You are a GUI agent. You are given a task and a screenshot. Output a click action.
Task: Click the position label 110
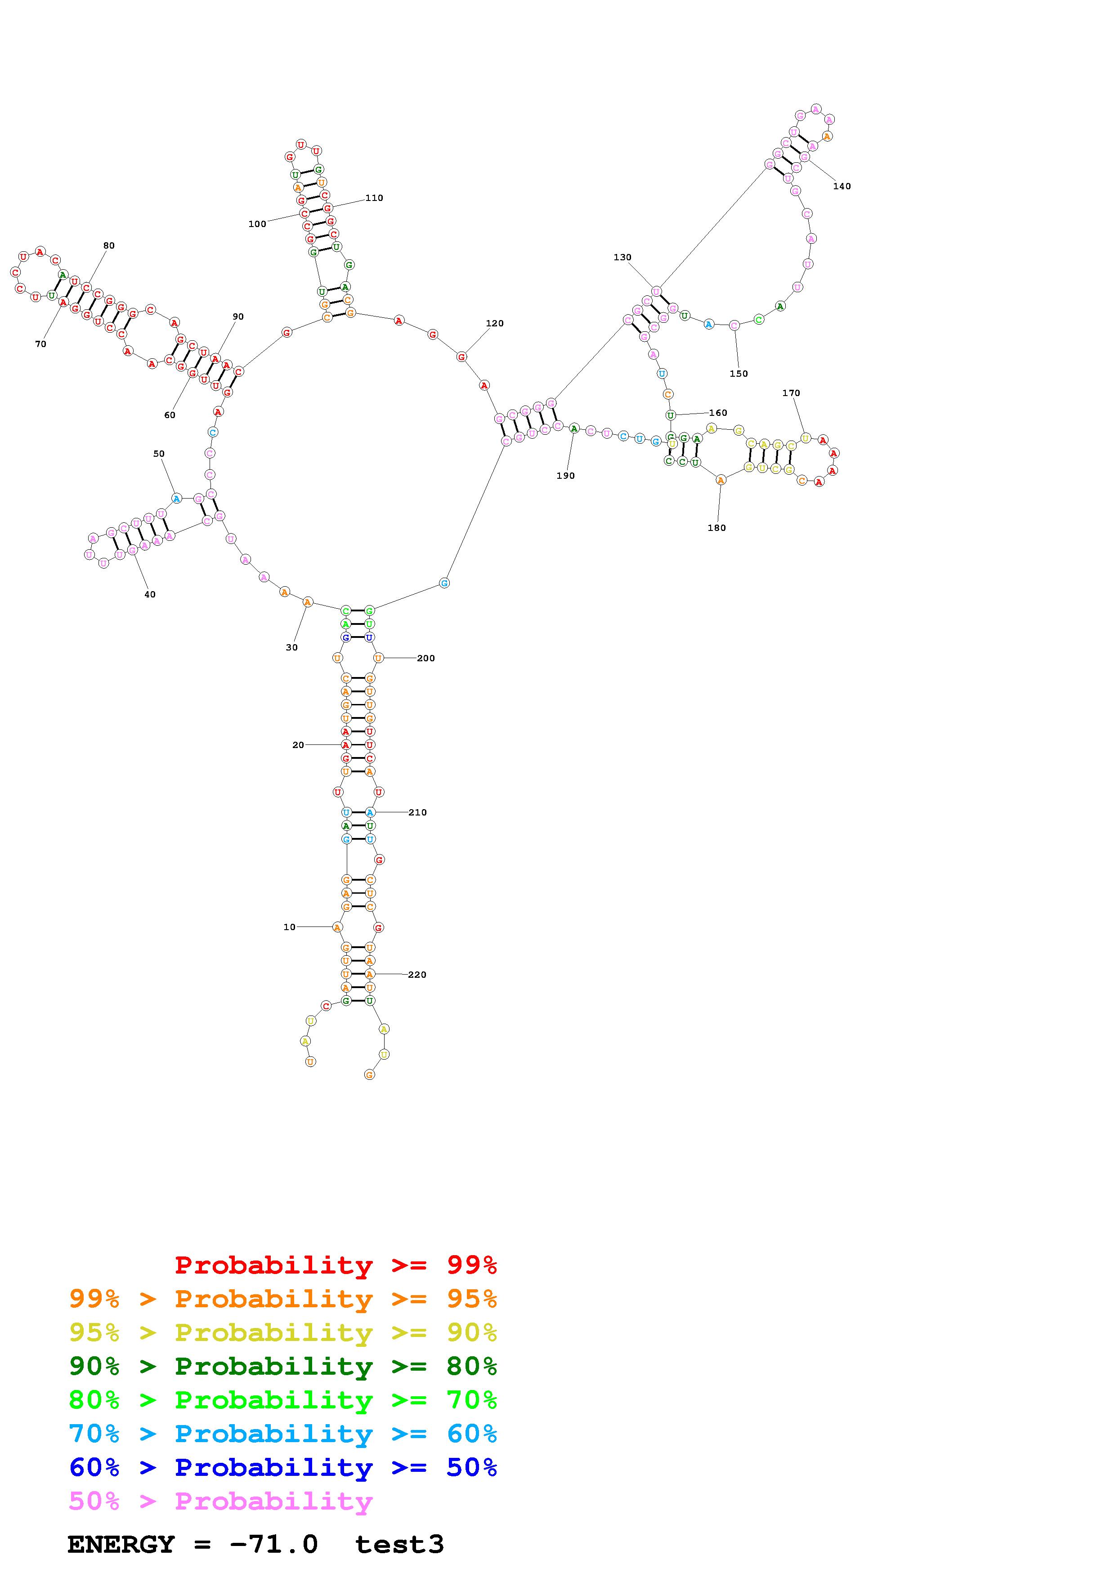coord(374,198)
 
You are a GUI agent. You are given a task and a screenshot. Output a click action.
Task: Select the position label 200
coord(426,658)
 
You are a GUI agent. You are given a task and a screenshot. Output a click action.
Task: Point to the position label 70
coord(40,344)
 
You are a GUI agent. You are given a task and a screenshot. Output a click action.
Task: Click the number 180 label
coord(716,527)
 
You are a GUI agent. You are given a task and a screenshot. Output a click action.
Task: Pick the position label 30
coord(292,647)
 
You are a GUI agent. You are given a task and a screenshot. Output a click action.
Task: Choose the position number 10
coord(289,927)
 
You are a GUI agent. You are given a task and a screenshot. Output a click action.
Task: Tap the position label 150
coord(739,374)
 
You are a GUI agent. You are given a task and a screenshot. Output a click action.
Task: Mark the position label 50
coord(159,453)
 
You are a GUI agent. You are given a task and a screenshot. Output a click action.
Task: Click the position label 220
coord(417,974)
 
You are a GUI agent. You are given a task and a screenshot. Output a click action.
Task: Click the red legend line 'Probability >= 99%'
coord(336,1265)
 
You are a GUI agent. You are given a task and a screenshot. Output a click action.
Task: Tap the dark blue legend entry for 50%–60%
coord(283,1467)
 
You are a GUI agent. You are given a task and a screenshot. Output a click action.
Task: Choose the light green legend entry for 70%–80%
coord(283,1400)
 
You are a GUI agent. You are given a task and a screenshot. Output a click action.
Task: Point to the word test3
coord(399,1544)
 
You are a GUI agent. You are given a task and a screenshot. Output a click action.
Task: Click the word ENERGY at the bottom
coord(121,1544)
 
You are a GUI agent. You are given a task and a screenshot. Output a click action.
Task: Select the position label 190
coord(565,475)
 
